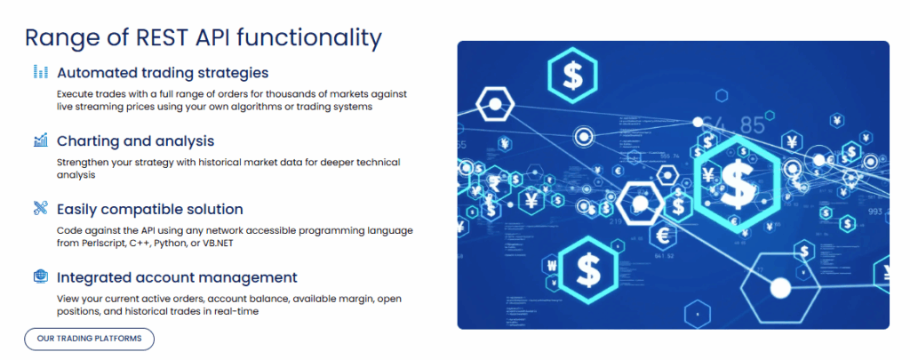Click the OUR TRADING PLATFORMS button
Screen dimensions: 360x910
89,339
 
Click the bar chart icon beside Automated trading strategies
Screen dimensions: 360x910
40,72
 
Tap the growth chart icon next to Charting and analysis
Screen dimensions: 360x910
40,140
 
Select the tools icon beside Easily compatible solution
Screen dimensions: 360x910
40,209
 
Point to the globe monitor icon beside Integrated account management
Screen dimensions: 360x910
40,277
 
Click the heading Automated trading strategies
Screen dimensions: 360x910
163,72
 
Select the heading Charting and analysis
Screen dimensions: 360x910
135,140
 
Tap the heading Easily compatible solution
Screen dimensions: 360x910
149,209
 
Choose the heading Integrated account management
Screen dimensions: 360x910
177,277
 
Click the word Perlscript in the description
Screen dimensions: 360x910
100,243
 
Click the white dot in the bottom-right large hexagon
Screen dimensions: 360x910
780,287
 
